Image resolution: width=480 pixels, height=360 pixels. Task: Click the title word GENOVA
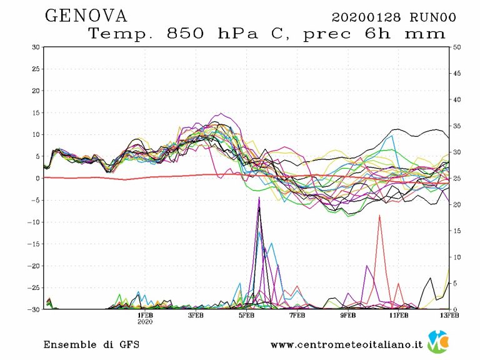pos(86,16)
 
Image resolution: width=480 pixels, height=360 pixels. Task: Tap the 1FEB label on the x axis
pos(146,316)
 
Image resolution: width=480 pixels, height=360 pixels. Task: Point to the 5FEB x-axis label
pos(247,316)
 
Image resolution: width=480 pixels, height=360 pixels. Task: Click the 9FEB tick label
pos(348,316)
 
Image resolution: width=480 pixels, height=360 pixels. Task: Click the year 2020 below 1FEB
pos(146,322)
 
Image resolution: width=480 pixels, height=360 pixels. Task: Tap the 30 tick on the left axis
pos(36,47)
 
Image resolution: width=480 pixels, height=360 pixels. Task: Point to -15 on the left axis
pos(34,244)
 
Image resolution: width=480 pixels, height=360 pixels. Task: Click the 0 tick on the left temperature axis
pos(38,178)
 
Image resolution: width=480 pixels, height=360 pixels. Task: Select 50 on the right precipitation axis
pos(456,47)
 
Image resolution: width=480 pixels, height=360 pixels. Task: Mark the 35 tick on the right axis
pos(456,126)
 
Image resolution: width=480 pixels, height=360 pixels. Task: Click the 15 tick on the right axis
pos(456,231)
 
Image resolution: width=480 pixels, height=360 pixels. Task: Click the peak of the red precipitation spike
pos(379,216)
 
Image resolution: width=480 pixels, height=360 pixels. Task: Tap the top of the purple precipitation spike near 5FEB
pos(259,197)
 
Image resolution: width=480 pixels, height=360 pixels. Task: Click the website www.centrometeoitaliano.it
pos(347,344)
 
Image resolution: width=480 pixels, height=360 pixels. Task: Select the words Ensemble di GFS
pos(91,344)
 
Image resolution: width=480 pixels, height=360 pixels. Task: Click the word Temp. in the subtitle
pos(121,34)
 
